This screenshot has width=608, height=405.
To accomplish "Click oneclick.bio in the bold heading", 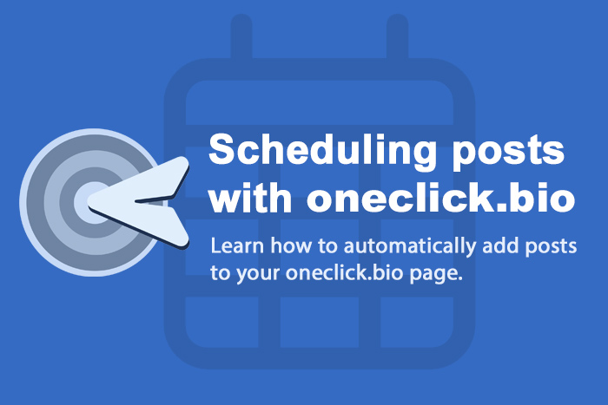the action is tap(441, 198).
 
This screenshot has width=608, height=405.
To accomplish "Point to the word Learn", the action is tap(237, 245).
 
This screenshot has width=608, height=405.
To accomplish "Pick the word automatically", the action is tap(409, 246).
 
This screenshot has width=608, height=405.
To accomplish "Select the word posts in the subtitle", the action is tap(551, 247).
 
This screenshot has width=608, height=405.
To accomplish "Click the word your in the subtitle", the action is tap(258, 274).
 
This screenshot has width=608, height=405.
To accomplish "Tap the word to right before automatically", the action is tap(327, 246).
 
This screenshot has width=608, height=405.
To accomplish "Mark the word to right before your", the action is tap(220, 273).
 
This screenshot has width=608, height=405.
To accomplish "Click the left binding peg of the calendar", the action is tap(241, 36).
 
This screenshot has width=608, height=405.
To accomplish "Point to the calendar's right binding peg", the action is tap(398, 36).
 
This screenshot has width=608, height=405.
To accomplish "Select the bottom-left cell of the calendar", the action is tap(221, 322).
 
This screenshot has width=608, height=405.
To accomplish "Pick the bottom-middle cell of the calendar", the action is tap(320, 322).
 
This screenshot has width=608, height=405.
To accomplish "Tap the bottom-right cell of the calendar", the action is tap(417, 322).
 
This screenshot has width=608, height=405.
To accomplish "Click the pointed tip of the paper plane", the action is tap(89, 202).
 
